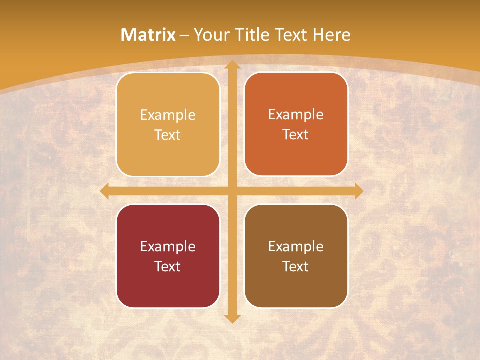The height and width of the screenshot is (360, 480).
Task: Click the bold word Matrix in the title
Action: pos(148,35)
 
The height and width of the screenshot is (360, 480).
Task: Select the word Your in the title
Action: pos(209,35)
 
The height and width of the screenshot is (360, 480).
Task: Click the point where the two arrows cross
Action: pos(232,191)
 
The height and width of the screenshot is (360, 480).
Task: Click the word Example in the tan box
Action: pos(168,115)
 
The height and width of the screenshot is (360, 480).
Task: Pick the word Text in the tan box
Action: pos(168,135)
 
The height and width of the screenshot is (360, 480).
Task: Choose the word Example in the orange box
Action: pos(296,114)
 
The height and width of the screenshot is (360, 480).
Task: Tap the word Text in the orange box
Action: pos(296,134)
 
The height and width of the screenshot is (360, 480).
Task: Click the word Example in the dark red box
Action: pos(168,246)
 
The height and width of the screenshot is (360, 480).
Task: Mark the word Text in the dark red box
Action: pos(168,266)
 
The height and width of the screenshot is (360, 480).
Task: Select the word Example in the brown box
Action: pos(296,246)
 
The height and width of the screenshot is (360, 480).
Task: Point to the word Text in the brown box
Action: pos(296,266)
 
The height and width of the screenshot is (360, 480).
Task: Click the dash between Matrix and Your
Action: pos(184,35)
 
